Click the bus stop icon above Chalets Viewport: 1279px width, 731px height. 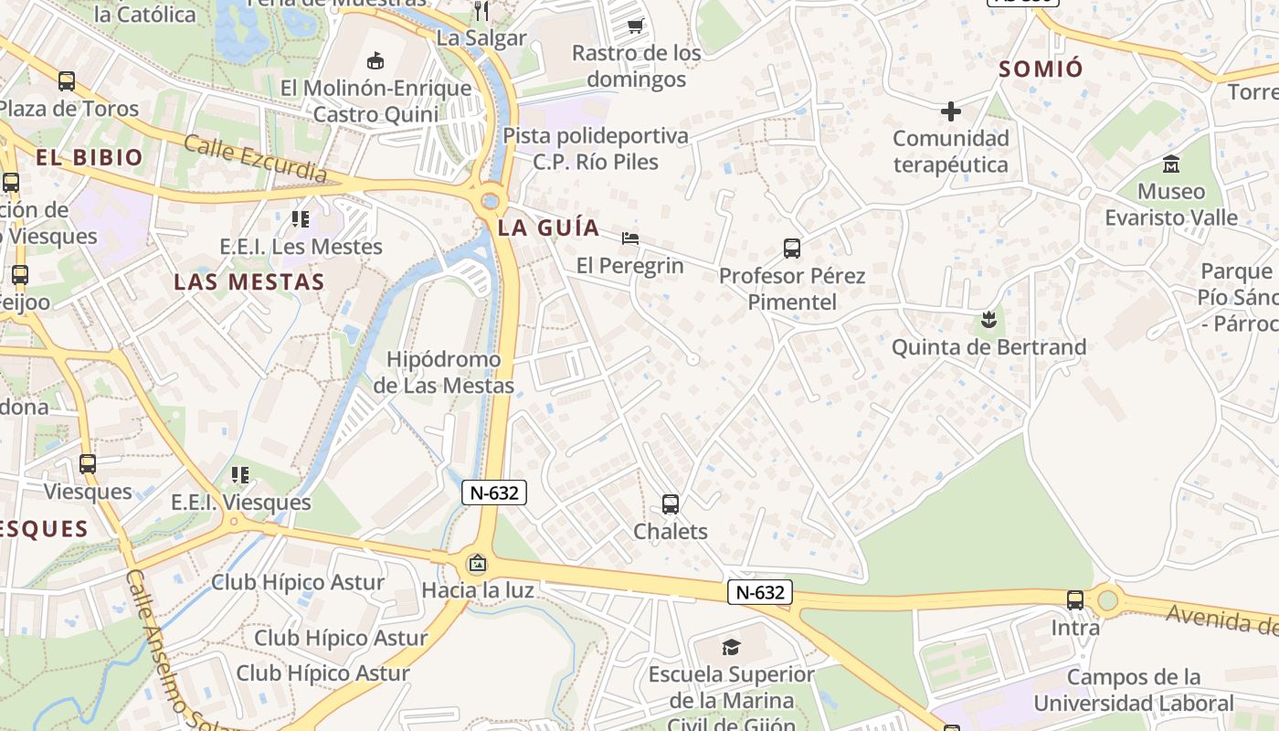670,503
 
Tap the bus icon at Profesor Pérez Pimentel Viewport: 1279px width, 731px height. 791,248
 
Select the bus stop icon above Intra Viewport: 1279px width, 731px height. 1075,600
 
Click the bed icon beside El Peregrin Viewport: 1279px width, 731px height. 629,238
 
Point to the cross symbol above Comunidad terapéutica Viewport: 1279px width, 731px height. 951,111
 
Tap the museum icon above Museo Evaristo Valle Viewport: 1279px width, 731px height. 1170,164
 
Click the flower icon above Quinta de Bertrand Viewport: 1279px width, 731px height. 988,320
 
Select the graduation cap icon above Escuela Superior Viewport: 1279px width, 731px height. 731,647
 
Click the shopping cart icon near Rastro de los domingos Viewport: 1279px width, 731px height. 636,26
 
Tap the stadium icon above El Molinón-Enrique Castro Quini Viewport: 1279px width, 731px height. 375,61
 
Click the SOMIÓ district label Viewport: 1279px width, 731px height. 1041,69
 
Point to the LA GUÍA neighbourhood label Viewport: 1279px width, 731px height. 549,228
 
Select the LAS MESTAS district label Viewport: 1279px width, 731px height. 249,281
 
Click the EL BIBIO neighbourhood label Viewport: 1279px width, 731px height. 90,157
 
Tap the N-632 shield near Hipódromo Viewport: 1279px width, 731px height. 494,493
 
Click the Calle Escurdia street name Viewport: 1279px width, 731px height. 255,157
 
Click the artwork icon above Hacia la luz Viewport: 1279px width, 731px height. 477,563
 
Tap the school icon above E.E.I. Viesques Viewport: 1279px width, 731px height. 240,474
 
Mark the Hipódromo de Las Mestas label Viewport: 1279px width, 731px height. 443,372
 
